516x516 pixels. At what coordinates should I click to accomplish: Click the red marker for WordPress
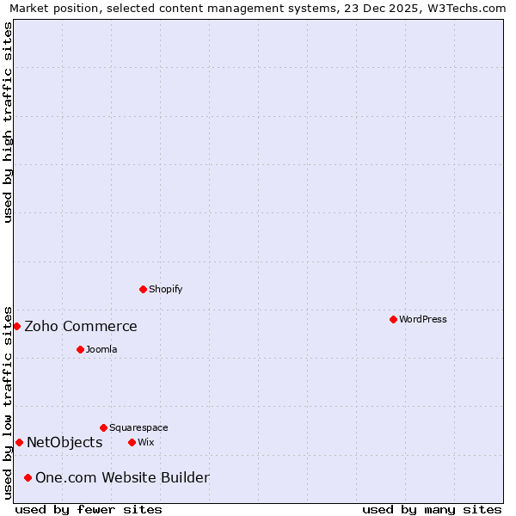coord(393,319)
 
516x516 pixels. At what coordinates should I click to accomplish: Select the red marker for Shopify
coord(143,289)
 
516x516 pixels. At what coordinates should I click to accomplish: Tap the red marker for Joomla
coord(80,349)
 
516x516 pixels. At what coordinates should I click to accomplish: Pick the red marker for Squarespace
coord(103,427)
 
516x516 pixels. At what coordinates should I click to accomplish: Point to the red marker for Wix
coord(132,442)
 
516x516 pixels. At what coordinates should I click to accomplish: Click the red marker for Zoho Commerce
coord(16,326)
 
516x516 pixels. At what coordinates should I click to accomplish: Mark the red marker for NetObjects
coord(19,442)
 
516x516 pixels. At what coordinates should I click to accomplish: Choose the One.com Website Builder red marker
coord(28,477)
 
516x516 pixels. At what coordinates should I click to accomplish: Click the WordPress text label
coord(422,319)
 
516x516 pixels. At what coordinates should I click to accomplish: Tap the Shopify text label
coord(165,289)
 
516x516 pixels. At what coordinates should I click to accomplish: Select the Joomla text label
coord(101,349)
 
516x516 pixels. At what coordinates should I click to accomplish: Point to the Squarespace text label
coord(138,427)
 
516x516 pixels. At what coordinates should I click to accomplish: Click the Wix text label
coord(145,442)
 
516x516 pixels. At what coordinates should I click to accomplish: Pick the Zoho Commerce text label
coord(81,326)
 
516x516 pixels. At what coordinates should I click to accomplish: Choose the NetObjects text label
coord(64,442)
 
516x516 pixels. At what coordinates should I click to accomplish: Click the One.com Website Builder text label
coord(122,477)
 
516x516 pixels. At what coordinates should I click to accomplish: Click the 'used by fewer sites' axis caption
coord(89,509)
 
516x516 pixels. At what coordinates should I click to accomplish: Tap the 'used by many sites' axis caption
coord(432,509)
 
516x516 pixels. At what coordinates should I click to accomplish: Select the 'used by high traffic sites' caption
coord(8,122)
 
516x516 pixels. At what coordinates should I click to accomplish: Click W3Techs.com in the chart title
coord(465,8)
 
